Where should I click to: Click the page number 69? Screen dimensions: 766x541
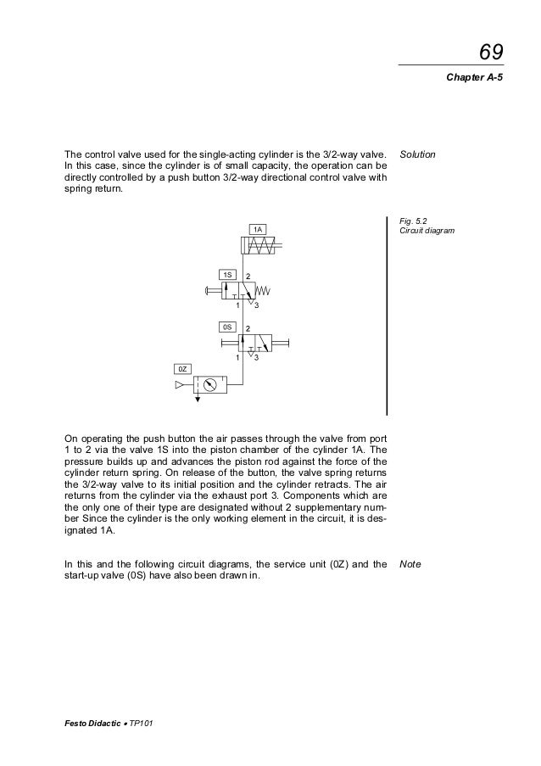pyautogui.click(x=491, y=53)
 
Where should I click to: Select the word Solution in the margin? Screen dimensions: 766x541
pyautogui.click(x=417, y=155)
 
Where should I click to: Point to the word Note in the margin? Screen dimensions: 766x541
pyautogui.click(x=410, y=563)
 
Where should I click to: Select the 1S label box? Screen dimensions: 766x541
pyautogui.click(x=227, y=275)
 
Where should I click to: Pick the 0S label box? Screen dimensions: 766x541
pyautogui.click(x=227, y=326)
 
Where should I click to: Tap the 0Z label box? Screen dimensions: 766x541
pyautogui.click(x=182, y=368)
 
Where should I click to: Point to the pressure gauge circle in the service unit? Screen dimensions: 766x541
pyautogui.click(x=210, y=385)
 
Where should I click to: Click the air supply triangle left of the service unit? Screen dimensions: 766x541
pyautogui.click(x=179, y=385)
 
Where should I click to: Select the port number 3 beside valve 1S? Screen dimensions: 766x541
pyautogui.click(x=256, y=306)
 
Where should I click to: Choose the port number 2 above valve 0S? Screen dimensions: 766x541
pyautogui.click(x=248, y=327)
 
